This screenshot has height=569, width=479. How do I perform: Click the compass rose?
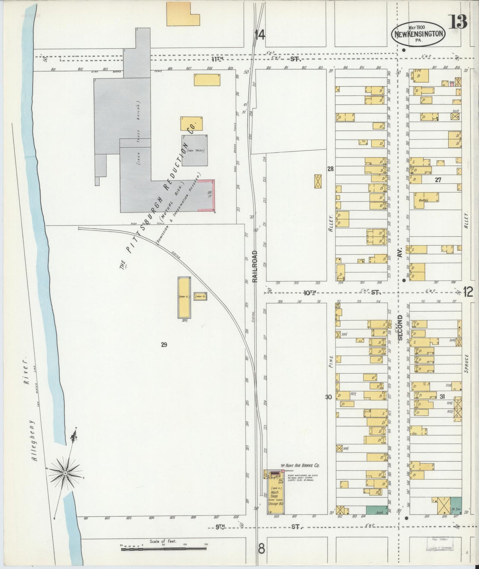click(x=66, y=473)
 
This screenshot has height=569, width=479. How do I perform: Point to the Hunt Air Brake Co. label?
click(x=300, y=466)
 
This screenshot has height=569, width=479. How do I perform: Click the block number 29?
click(x=164, y=345)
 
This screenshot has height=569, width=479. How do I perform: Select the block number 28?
click(x=330, y=169)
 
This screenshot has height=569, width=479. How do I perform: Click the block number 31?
click(x=442, y=397)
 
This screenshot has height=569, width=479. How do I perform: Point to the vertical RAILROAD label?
click(x=255, y=267)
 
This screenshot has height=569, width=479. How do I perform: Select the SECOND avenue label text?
click(x=400, y=327)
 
